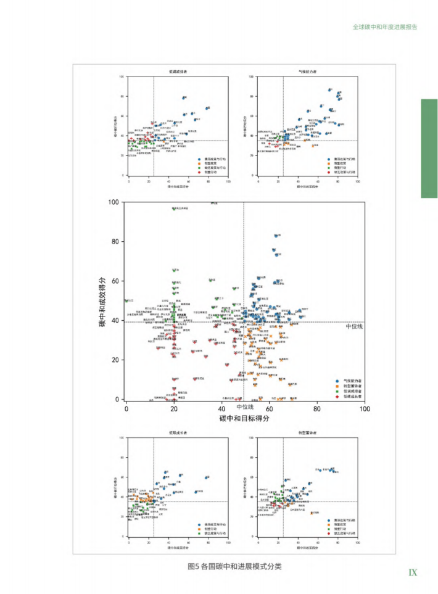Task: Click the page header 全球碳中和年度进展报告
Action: [x=385, y=27]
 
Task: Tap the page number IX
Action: [x=413, y=572]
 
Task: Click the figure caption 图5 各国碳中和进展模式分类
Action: [x=234, y=567]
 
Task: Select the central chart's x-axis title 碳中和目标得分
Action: [x=244, y=418]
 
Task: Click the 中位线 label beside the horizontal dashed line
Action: [x=354, y=326]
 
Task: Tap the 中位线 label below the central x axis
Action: [x=245, y=406]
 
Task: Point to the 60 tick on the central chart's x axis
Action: [x=270, y=408]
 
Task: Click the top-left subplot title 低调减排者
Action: [x=178, y=72]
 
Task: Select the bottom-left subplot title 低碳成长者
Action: [x=178, y=433]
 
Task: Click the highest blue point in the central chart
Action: [x=276, y=236]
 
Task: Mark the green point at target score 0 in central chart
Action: [x=126, y=300]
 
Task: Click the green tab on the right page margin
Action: [x=429, y=149]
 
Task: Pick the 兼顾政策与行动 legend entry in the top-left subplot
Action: [x=213, y=159]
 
